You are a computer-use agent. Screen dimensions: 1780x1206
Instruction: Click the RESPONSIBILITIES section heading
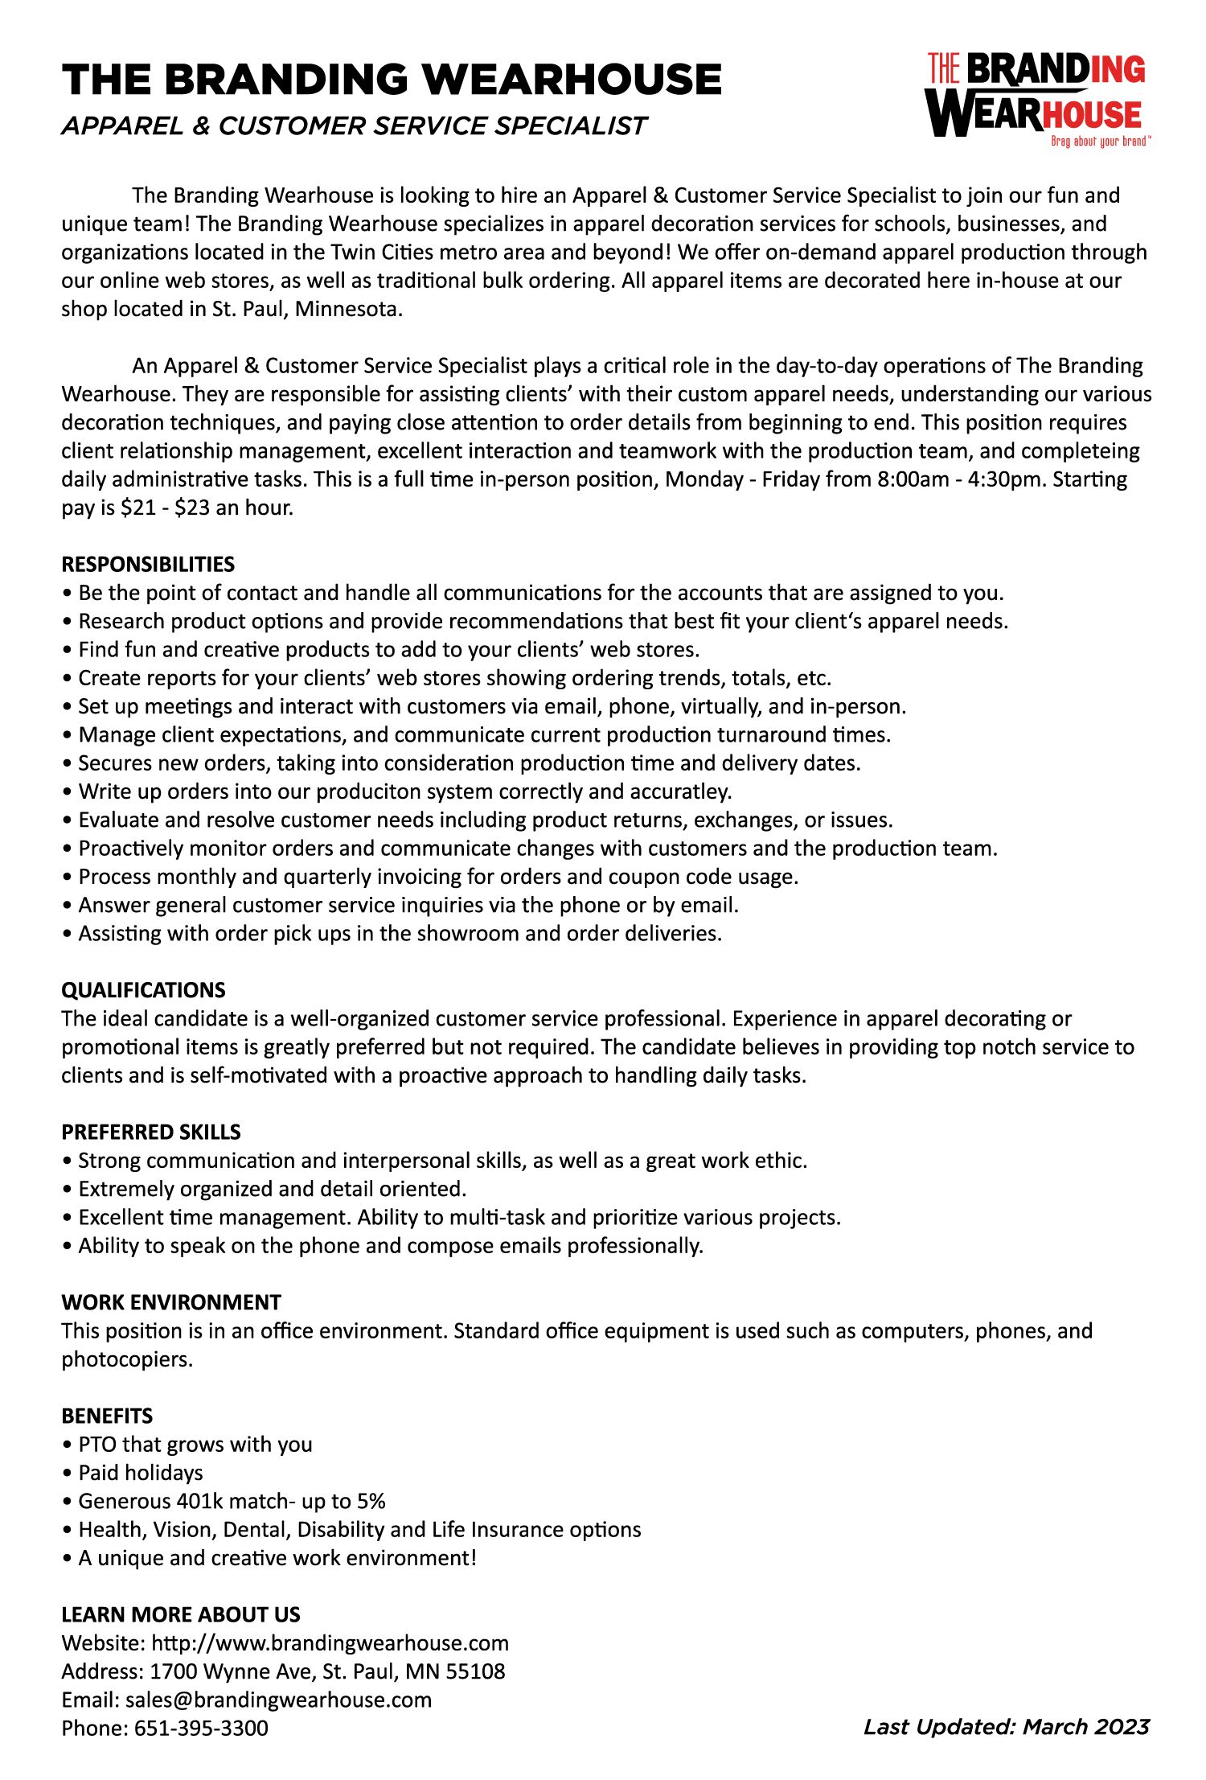[x=148, y=564]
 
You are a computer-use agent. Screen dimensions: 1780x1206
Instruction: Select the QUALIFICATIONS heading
[x=143, y=990]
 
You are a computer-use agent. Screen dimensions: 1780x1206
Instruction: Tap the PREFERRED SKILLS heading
[x=151, y=1132]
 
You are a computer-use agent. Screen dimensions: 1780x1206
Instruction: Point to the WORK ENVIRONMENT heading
[x=171, y=1302]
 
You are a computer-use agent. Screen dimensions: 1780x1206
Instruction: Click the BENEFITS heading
[x=107, y=1416]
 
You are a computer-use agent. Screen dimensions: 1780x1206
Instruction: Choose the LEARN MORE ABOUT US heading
[x=181, y=1614]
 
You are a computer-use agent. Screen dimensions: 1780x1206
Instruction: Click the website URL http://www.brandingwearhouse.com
[x=330, y=1642]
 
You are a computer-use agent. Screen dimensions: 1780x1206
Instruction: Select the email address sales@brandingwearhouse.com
[x=278, y=1700]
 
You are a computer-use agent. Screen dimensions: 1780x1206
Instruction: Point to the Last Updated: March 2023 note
[x=1006, y=1726]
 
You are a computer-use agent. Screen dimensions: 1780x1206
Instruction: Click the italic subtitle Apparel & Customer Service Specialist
[x=354, y=125]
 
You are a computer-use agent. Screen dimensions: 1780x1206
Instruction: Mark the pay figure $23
[x=191, y=508]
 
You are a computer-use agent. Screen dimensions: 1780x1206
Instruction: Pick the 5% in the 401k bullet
[x=371, y=1501]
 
